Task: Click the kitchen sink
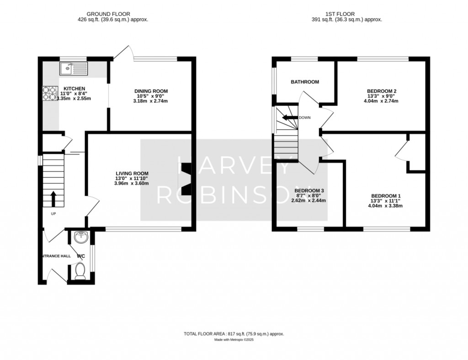click(74, 69)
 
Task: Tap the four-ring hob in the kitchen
click(50, 93)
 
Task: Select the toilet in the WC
click(80, 271)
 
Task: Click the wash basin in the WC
click(81, 237)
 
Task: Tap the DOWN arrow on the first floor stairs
click(290, 118)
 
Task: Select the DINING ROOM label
click(151, 91)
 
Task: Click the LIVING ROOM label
click(132, 173)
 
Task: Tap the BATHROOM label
click(305, 82)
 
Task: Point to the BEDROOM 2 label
click(382, 91)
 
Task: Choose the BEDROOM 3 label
click(309, 191)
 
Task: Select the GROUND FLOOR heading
click(108, 14)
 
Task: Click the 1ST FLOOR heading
click(340, 14)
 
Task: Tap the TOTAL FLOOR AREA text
click(234, 334)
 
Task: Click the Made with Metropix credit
click(234, 340)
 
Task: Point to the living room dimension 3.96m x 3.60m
click(132, 183)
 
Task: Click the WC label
click(81, 256)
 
